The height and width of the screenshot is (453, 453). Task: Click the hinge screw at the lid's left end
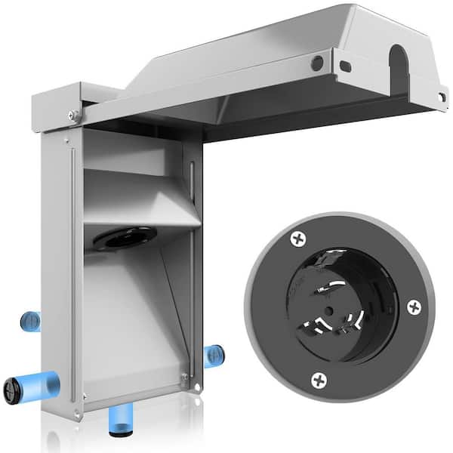coord(73,115)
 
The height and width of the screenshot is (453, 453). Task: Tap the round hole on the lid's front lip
coord(318,63)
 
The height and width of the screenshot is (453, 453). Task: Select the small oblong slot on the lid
coord(345,66)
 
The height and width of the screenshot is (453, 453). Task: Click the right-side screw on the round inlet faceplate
coord(414,307)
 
